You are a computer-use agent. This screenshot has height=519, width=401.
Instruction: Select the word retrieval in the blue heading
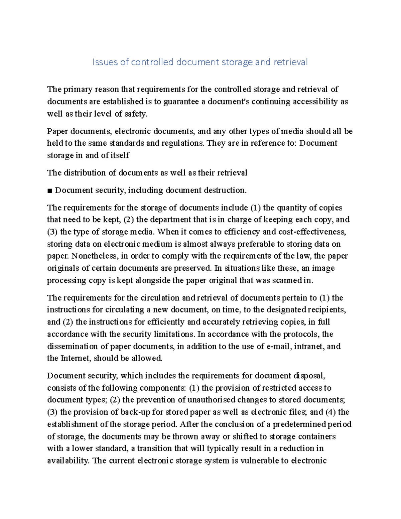[290, 62]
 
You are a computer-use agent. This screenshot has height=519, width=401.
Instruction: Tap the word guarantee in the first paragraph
[181, 102]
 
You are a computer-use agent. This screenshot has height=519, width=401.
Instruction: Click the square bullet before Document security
[50, 191]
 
